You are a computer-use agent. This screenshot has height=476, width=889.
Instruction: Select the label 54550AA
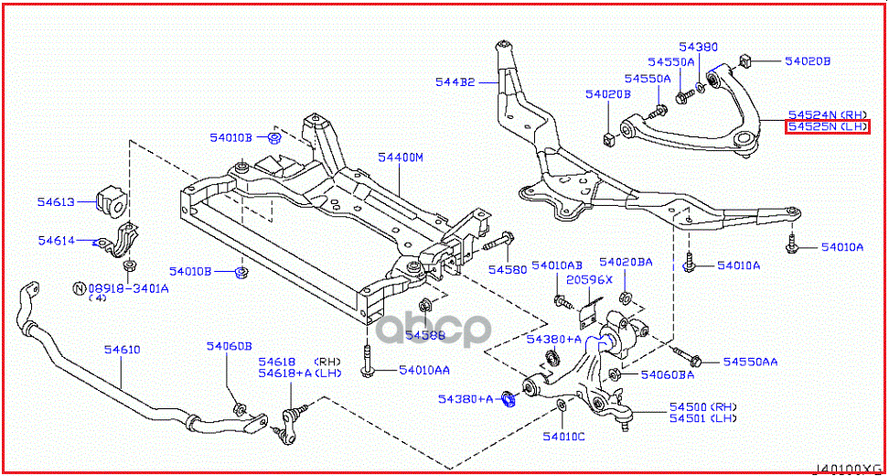(750, 362)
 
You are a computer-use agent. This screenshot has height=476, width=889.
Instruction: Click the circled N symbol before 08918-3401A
(80, 287)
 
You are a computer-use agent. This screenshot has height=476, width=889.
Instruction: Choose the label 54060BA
(667, 374)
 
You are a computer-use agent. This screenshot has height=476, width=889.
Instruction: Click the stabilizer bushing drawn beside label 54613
(110, 203)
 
